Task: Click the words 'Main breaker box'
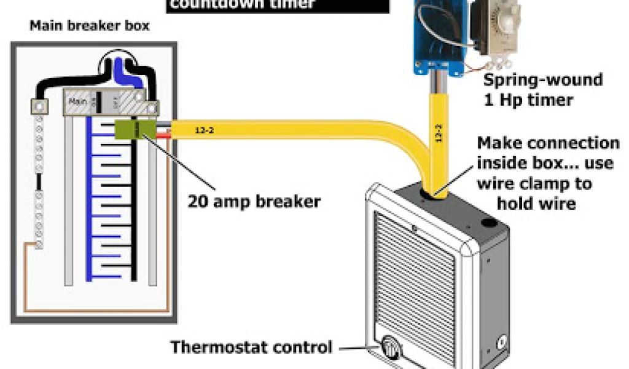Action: coord(88,27)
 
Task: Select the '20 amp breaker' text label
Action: coord(254,201)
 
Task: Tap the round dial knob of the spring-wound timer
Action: coord(499,25)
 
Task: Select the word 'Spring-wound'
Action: coord(542,80)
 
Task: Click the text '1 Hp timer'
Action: coord(528,100)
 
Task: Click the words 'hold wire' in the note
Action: coord(536,204)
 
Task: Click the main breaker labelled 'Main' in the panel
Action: coord(78,101)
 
